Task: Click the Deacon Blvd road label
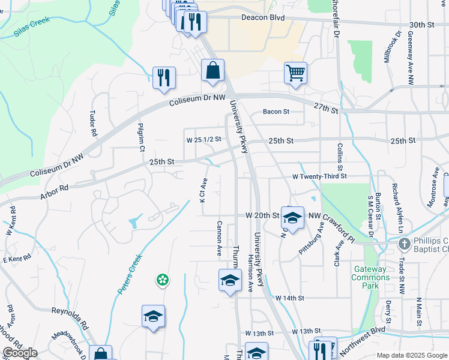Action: click(262, 18)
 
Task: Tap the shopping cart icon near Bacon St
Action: click(295, 73)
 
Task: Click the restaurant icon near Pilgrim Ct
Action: click(164, 77)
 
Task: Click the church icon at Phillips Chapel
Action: click(405, 244)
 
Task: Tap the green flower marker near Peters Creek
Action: click(161, 279)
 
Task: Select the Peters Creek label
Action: click(130, 274)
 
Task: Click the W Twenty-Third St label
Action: click(319, 176)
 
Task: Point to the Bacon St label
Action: click(276, 112)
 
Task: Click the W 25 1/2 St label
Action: click(204, 139)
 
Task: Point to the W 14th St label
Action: click(290, 298)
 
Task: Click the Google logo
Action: click(19, 353)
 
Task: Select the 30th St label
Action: click(421, 25)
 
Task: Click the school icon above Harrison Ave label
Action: click(229, 280)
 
